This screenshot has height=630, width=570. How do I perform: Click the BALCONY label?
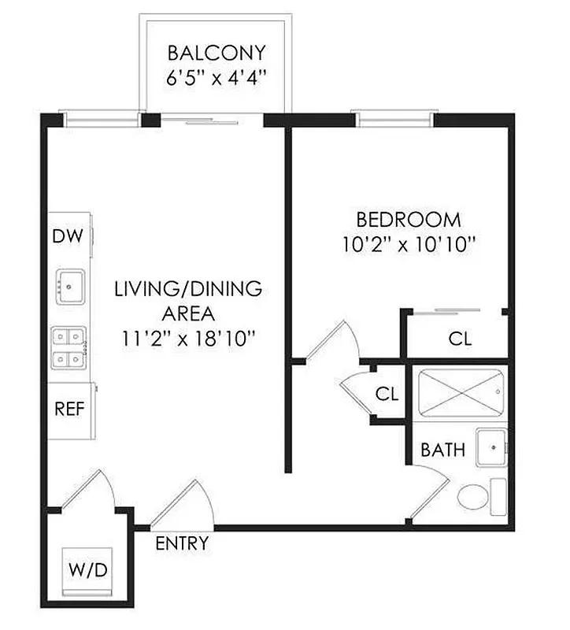pyautogui.click(x=217, y=54)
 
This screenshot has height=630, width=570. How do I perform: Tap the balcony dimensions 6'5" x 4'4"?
pyautogui.click(x=217, y=78)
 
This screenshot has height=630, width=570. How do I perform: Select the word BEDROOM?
pyautogui.click(x=409, y=220)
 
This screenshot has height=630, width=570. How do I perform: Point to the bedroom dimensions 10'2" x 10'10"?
pyautogui.click(x=409, y=244)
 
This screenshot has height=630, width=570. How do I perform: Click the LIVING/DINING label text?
pyautogui.click(x=188, y=289)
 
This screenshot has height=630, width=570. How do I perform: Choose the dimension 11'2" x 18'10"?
pyautogui.click(x=188, y=339)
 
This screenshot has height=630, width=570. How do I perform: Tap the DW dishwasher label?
pyautogui.click(x=68, y=236)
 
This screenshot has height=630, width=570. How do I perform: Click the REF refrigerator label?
pyautogui.click(x=69, y=409)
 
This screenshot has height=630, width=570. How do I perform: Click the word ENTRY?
pyautogui.click(x=182, y=543)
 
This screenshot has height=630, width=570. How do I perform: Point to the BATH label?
pyautogui.click(x=442, y=450)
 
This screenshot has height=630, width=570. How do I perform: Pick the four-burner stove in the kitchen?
pyautogui.click(x=69, y=349)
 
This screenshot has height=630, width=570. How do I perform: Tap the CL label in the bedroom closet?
pyautogui.click(x=460, y=339)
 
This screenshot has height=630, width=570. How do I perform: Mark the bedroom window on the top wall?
pyautogui.click(x=394, y=120)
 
